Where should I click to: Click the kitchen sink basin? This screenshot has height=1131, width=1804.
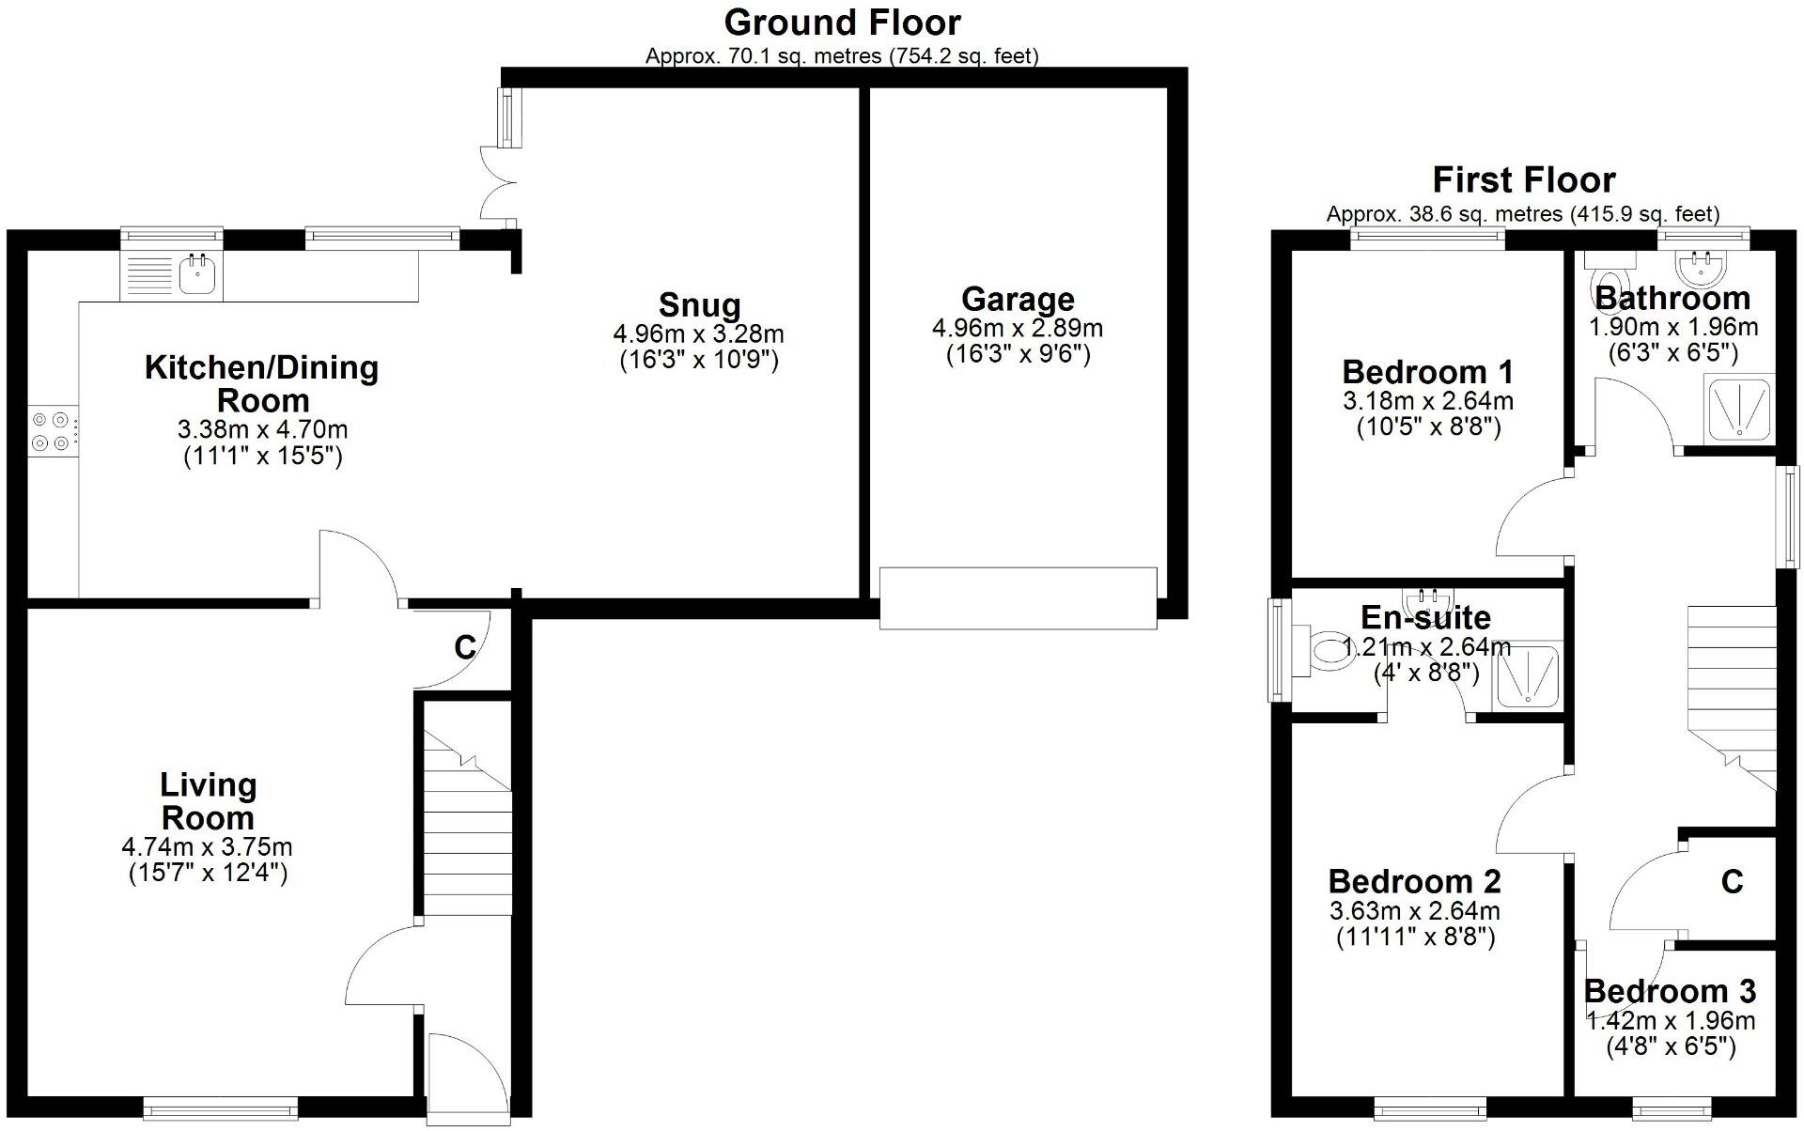coord(198,275)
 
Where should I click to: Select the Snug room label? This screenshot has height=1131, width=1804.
coord(699,305)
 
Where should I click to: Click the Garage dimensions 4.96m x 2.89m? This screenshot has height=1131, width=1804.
coord(1017,329)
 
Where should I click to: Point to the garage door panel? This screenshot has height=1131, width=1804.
coord(1018,597)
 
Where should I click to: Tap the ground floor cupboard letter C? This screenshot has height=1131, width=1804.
coord(465,647)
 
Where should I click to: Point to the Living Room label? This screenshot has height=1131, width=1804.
coord(208,801)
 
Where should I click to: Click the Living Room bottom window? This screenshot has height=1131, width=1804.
coord(220,1109)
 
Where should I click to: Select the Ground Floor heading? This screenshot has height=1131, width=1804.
coord(842,23)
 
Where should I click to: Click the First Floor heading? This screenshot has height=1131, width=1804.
coord(1523,179)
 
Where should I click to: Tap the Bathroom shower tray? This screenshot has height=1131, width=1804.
coord(1739,408)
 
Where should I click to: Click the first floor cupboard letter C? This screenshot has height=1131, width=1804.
coord(1732,881)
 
